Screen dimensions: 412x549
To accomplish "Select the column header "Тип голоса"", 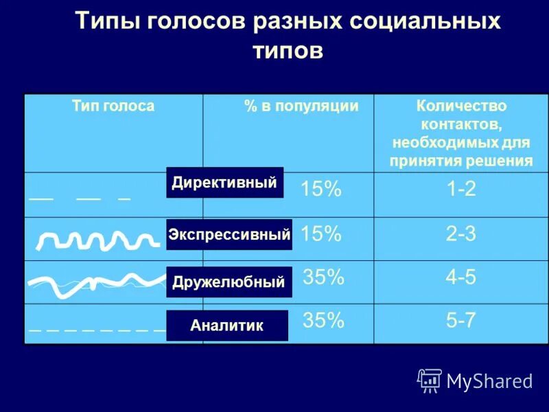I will pyautogui.click(x=113, y=106).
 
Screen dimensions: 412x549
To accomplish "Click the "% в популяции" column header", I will pyautogui.click(x=301, y=106).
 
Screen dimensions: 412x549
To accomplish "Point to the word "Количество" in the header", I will pyautogui.click(x=461, y=106).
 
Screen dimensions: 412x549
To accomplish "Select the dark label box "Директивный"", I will pyautogui.click(x=224, y=183).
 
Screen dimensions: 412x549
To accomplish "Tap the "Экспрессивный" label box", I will pyautogui.click(x=229, y=235).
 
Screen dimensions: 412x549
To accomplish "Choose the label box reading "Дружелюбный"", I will pyautogui.click(x=229, y=282).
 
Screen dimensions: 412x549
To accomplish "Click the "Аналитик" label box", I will pyautogui.click(x=227, y=325).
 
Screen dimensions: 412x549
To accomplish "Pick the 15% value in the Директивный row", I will pyautogui.click(x=320, y=190).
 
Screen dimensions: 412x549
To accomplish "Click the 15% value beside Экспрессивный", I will pyautogui.click(x=320, y=234).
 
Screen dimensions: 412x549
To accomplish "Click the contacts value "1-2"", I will pyautogui.click(x=461, y=190).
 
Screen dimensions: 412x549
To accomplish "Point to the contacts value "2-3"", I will pyautogui.click(x=461, y=234).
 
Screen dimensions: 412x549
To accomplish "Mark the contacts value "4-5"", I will pyautogui.click(x=461, y=277).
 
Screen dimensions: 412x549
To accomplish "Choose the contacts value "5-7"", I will pyautogui.click(x=461, y=320).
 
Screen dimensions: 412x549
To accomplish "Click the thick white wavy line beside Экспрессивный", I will pyautogui.click(x=96, y=240).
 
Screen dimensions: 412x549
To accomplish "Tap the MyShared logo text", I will pyautogui.click(x=489, y=381).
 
